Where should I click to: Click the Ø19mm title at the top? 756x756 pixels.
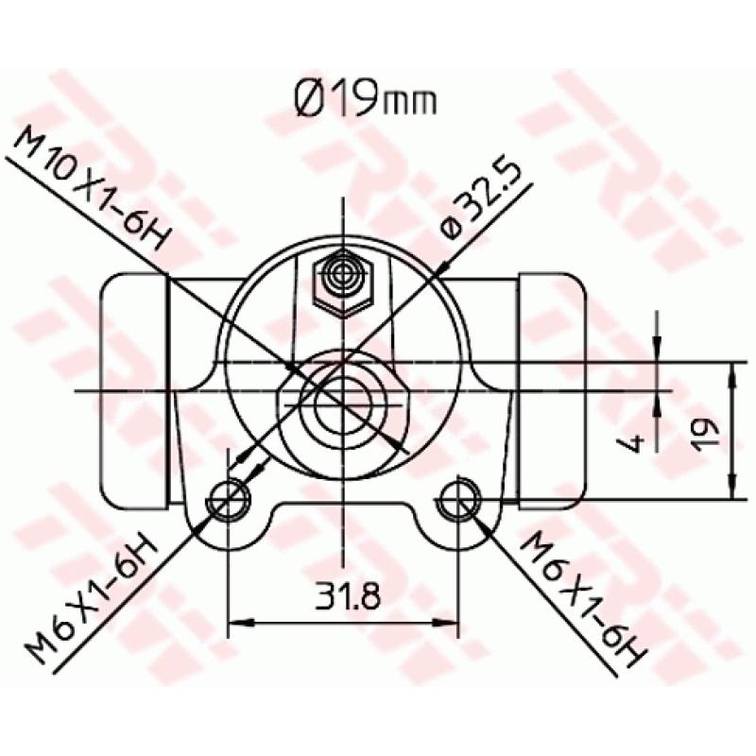tap(363, 98)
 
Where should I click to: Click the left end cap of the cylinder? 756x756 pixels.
tap(135, 387)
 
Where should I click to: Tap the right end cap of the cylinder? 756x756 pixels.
tap(551, 387)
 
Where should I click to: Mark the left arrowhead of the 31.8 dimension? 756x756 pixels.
tap(238, 623)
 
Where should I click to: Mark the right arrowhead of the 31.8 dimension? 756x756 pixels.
tap(450, 623)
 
